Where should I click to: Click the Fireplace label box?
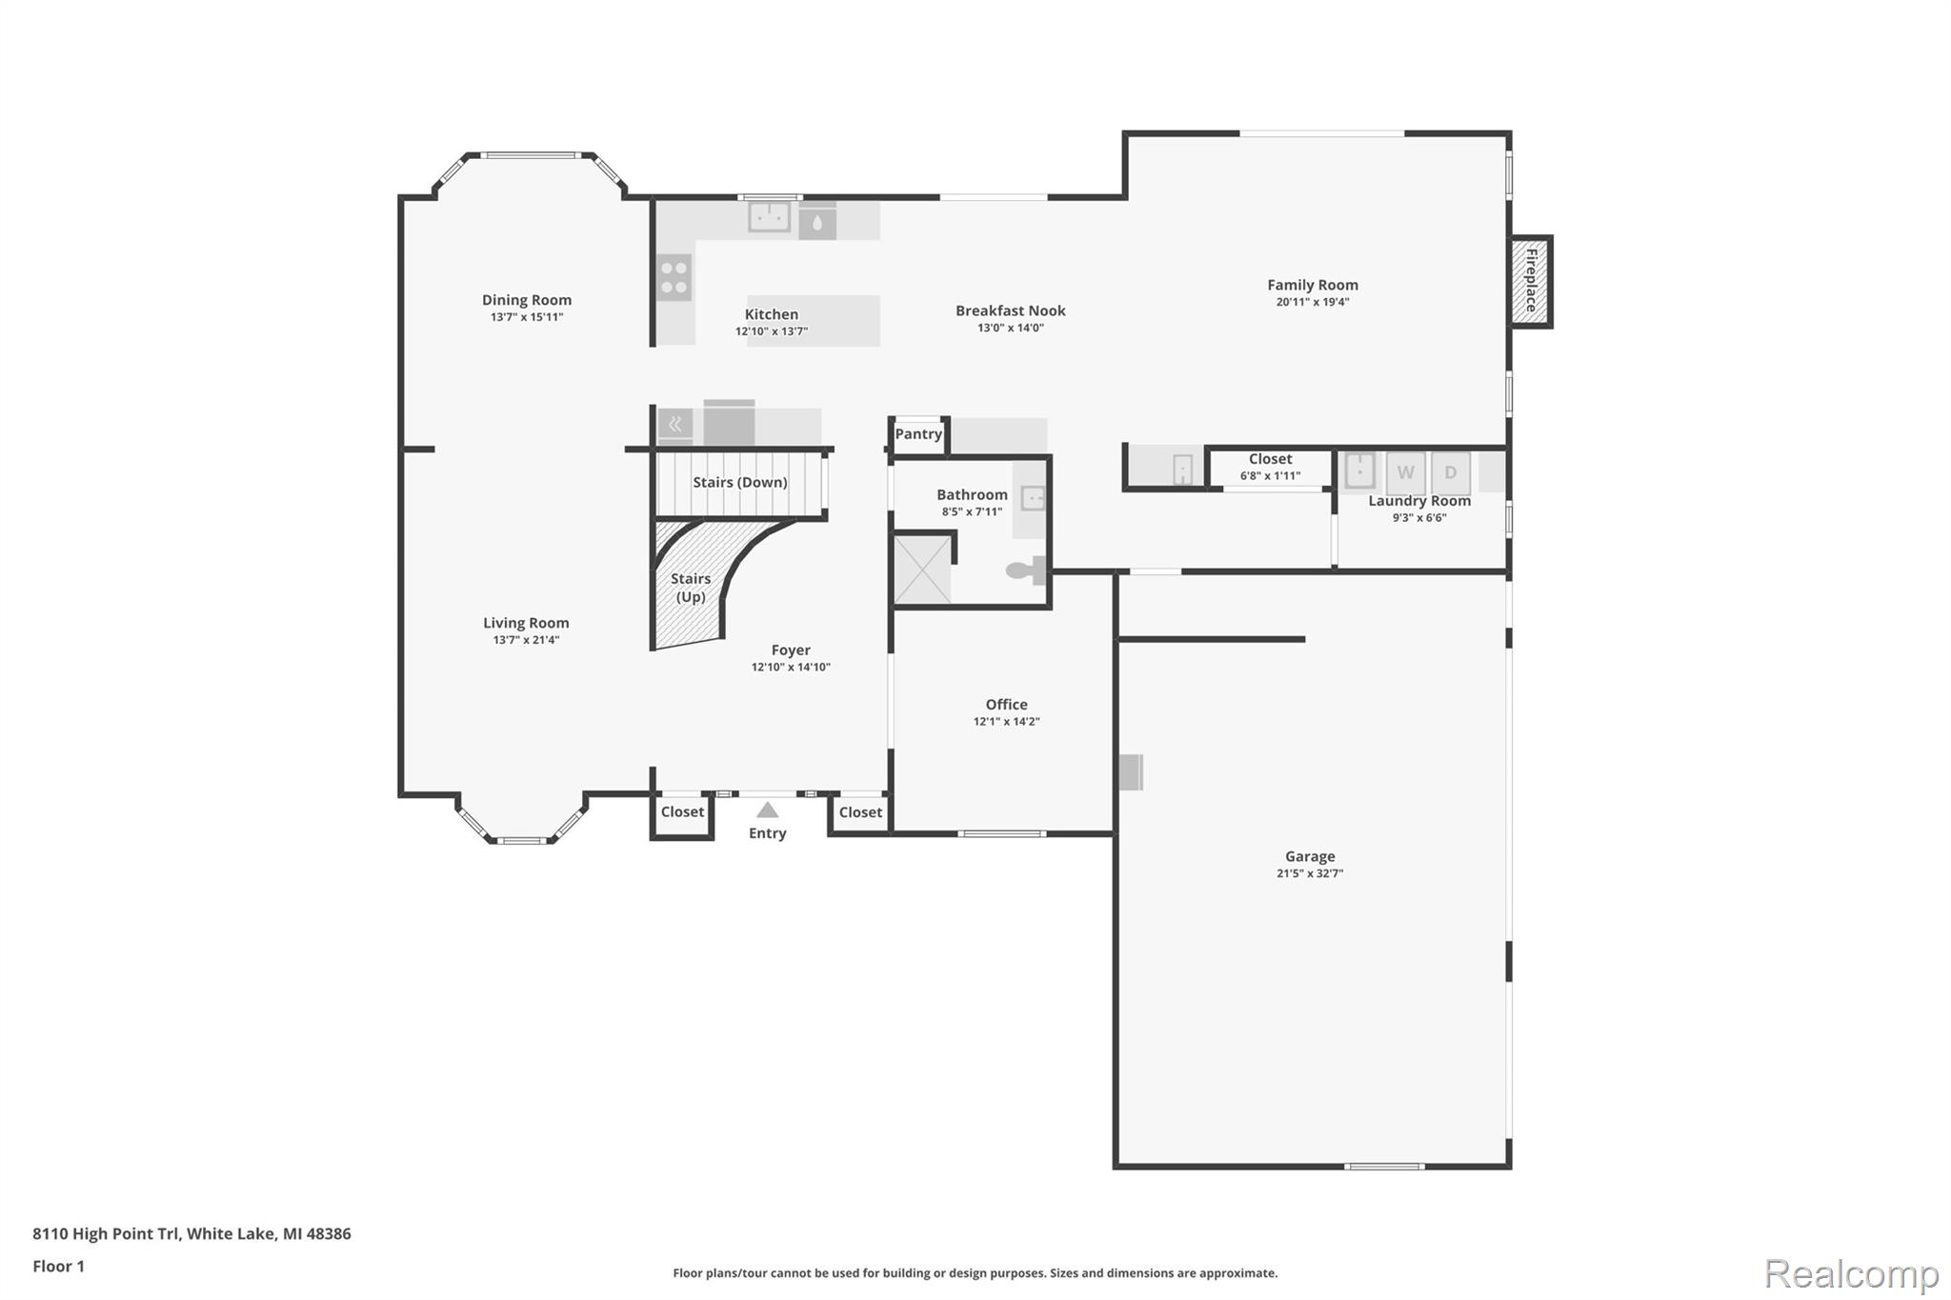point(1531,281)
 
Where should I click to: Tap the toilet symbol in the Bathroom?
point(1024,570)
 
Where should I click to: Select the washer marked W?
point(1405,472)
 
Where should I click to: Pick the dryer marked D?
point(1450,472)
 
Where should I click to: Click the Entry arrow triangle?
point(768,810)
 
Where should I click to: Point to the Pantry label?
point(918,434)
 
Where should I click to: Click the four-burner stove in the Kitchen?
point(674,277)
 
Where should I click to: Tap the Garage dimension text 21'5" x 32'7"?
point(1310,873)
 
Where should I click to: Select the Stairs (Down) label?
point(739,482)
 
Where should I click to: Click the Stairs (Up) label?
point(691,588)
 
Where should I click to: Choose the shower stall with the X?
point(922,570)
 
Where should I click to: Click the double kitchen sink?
point(769,217)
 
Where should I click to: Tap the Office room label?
point(1006,705)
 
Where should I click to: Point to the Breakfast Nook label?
point(1010,310)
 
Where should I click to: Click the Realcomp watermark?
point(1851,1273)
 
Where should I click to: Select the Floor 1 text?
point(58,1266)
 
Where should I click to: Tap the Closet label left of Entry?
point(682,812)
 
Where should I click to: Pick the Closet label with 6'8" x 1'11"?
point(1270,459)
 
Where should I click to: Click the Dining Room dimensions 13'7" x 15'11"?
point(527,317)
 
